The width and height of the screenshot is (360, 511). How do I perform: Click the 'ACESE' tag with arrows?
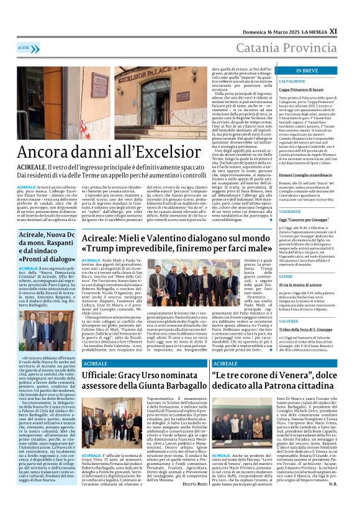[25, 48]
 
